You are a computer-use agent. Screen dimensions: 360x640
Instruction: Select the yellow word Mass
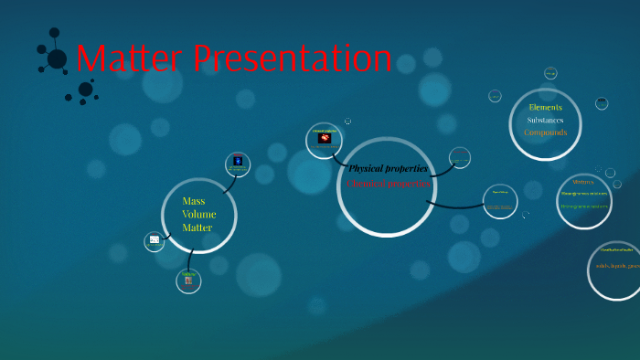(193, 201)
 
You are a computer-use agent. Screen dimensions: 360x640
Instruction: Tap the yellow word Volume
(198, 215)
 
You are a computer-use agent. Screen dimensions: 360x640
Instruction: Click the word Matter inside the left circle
(197, 228)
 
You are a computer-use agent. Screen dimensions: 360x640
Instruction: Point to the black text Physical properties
(388, 168)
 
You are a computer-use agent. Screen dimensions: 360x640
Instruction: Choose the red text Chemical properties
(388, 184)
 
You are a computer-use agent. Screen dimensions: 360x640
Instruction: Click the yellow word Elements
(545, 107)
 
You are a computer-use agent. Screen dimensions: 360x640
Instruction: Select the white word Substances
(545, 120)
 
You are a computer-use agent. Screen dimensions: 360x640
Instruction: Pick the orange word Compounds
(545, 132)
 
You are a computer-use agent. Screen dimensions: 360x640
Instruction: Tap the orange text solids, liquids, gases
(617, 266)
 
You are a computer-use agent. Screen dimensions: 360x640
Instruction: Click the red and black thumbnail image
(324, 139)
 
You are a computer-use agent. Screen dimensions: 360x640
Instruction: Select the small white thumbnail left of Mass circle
(155, 240)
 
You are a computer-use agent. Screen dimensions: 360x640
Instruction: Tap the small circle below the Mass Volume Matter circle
(188, 281)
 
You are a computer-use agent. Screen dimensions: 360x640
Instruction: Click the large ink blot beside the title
(56, 58)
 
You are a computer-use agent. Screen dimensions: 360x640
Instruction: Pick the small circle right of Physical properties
(460, 156)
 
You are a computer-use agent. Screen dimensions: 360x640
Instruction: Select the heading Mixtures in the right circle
(583, 182)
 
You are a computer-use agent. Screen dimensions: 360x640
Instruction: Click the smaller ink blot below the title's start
(85, 90)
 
